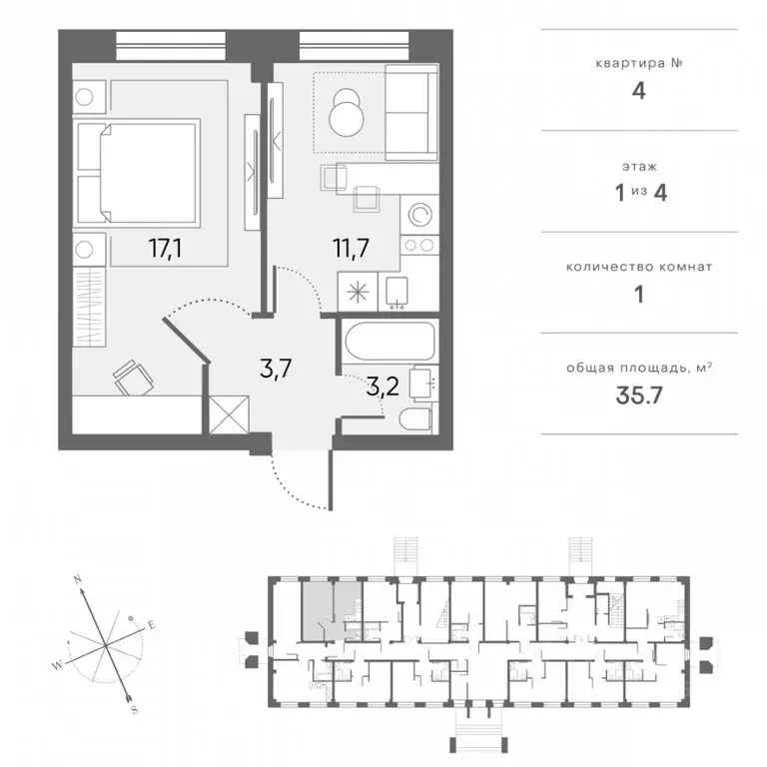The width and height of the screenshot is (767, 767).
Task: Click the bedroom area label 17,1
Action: (166, 249)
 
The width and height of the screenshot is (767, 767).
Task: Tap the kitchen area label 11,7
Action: (351, 248)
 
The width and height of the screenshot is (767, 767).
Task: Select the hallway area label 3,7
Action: (276, 369)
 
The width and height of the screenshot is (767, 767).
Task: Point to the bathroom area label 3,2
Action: (383, 386)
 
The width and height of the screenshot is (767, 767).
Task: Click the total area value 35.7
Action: (639, 395)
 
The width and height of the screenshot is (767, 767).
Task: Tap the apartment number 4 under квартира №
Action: (639, 91)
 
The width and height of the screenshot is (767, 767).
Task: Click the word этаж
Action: (639, 167)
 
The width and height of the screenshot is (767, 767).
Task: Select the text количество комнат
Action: (639, 267)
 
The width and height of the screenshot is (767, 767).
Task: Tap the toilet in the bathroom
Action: (415, 419)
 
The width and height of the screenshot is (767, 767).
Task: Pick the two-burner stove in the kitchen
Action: (419, 245)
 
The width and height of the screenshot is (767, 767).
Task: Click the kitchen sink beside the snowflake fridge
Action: (396, 293)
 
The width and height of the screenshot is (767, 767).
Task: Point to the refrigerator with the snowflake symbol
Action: (358, 292)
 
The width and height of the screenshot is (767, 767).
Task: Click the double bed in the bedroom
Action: (139, 173)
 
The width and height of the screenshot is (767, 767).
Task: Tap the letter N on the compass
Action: (77, 579)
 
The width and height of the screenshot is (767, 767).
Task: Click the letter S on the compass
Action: (135, 710)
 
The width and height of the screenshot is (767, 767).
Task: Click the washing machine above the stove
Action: (419, 215)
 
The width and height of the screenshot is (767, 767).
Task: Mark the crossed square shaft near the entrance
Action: (229, 414)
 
